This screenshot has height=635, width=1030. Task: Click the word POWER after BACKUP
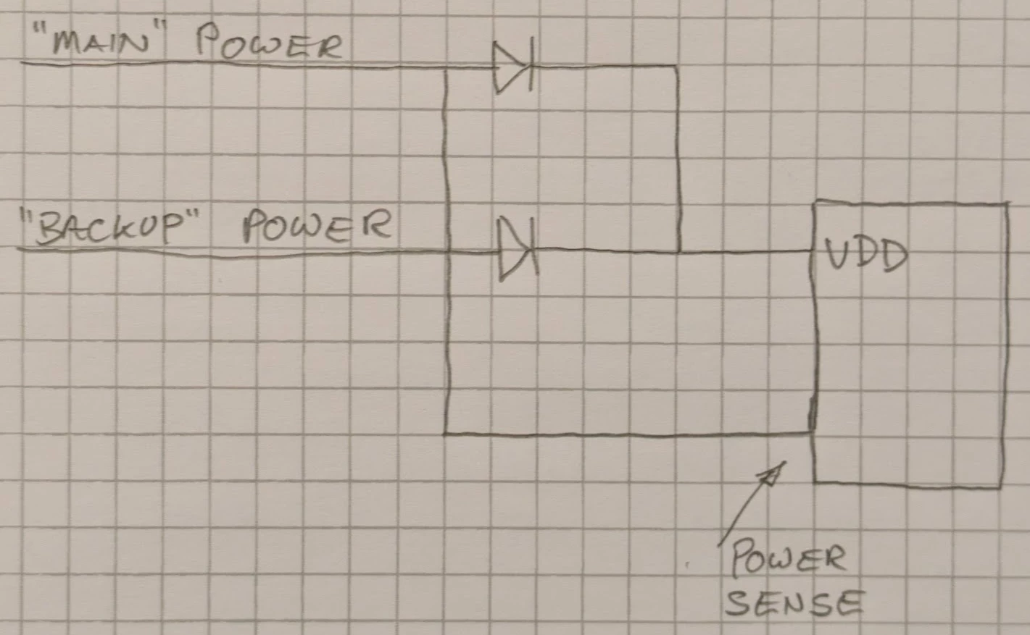click(317, 226)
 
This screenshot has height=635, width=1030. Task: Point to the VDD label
click(866, 254)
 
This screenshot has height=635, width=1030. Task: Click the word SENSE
click(794, 603)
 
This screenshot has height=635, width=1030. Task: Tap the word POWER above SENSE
click(789, 559)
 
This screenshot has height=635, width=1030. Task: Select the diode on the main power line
click(513, 66)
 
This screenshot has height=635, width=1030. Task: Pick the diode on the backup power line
click(518, 249)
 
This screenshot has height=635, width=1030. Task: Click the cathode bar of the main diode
click(531, 64)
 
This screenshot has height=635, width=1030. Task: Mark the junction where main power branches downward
click(445, 69)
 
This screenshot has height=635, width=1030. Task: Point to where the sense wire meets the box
click(813, 432)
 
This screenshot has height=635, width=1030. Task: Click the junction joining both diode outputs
click(678, 251)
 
